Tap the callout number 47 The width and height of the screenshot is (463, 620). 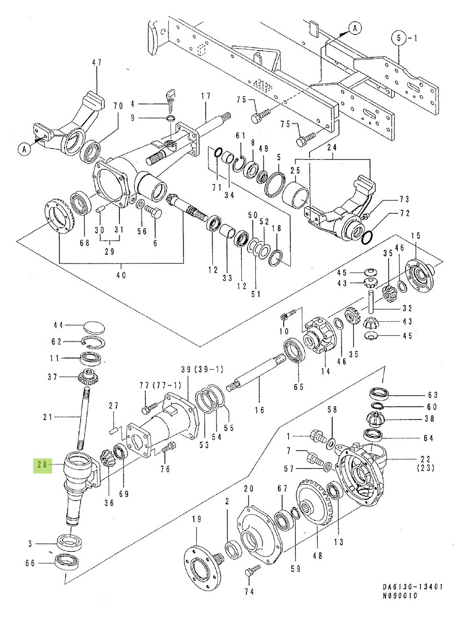(97, 63)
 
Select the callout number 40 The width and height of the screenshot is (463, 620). (121, 276)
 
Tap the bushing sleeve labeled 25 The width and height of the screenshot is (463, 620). (296, 196)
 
